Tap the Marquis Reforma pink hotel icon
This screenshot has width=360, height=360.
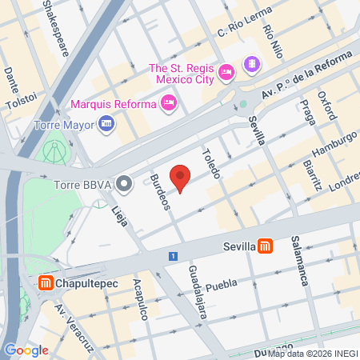169,102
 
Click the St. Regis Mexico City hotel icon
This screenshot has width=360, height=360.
226,72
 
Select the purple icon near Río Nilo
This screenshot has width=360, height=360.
252,63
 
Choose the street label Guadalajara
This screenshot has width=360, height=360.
198,293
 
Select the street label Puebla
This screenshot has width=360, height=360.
222,286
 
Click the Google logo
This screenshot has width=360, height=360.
26,350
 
